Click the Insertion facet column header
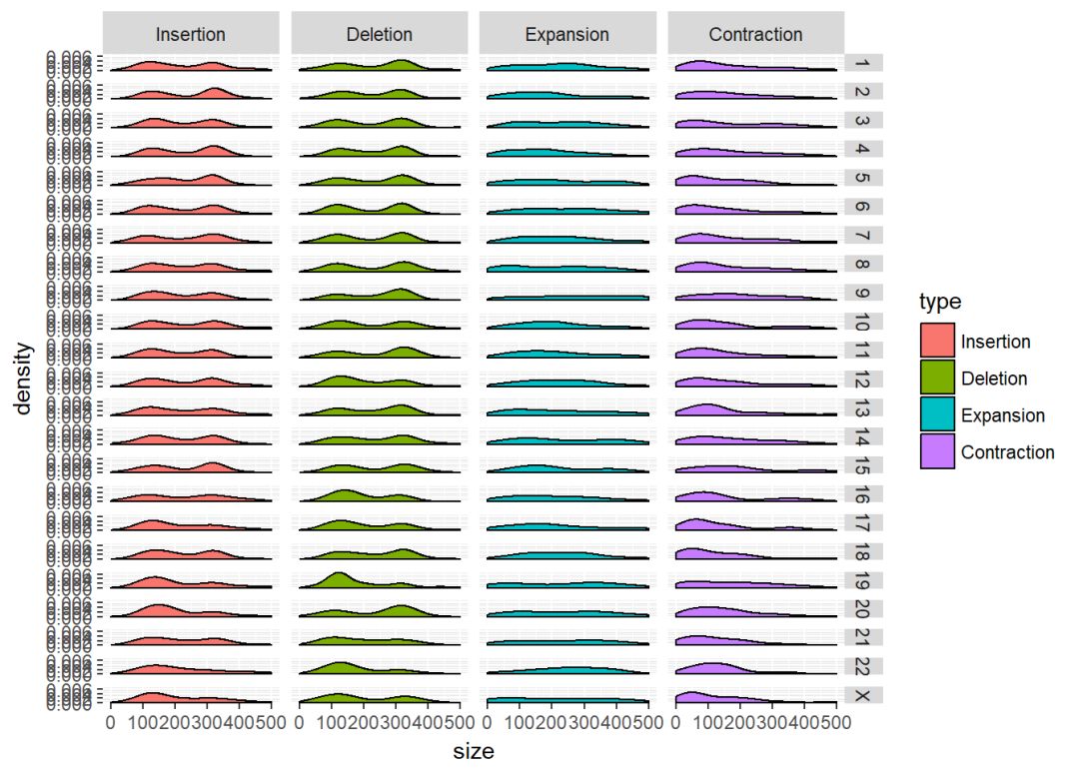190,34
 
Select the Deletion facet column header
379,34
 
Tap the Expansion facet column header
566,34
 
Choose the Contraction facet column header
755,34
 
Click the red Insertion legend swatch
937,342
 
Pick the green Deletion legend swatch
937,379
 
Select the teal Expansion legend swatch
937,415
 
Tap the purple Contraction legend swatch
937,452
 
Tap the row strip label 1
862,64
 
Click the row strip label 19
862,579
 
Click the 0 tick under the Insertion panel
110,721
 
